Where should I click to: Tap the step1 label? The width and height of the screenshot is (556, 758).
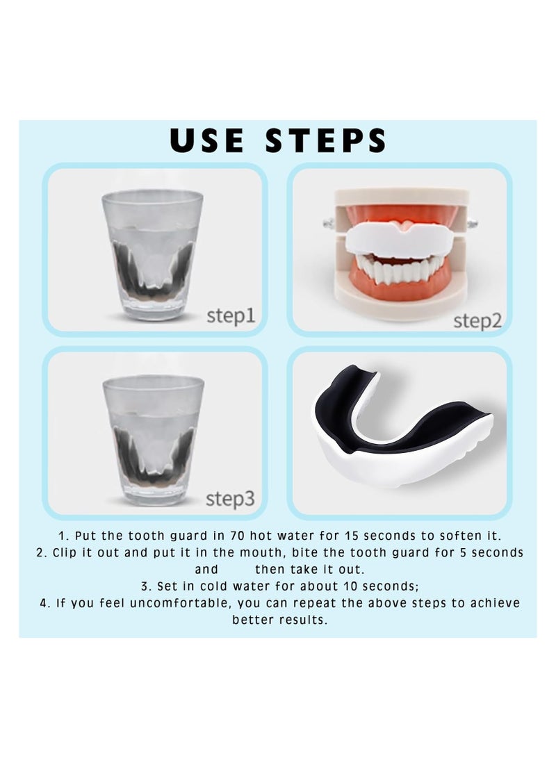231,316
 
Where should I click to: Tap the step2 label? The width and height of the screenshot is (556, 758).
477,320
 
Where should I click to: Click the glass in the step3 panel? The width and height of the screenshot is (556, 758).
154,440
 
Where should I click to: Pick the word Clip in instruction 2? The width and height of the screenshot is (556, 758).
63,552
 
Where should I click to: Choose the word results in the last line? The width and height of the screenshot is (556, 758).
305,620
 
